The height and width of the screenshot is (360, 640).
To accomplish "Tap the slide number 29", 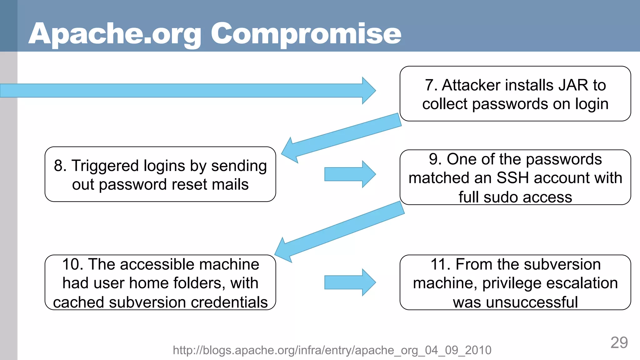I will click(619, 343).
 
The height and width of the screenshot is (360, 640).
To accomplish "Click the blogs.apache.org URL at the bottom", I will click(332, 350).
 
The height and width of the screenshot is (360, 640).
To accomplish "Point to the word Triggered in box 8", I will click(105, 166).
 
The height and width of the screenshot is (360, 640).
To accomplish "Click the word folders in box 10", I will click(199, 283).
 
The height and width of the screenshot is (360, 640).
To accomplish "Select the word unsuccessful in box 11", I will click(532, 302).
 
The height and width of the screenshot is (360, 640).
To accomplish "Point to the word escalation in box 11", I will click(582, 283).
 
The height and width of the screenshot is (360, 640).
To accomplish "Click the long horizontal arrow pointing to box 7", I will click(187, 90).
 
